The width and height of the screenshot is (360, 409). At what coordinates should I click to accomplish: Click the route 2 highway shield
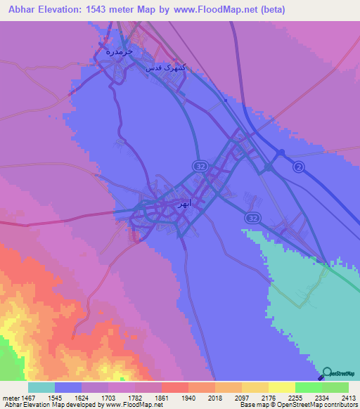pos(299,167)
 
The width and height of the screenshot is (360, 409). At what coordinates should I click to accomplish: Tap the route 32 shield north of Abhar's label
pos(200,165)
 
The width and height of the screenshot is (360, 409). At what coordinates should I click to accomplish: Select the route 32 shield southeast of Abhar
pos(253,219)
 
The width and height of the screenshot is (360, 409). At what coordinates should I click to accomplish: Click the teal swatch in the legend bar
pos(41,387)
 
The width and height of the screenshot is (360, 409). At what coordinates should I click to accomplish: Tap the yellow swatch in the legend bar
pos(281,387)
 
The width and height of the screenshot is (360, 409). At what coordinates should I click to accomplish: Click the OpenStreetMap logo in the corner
pos(341,373)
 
